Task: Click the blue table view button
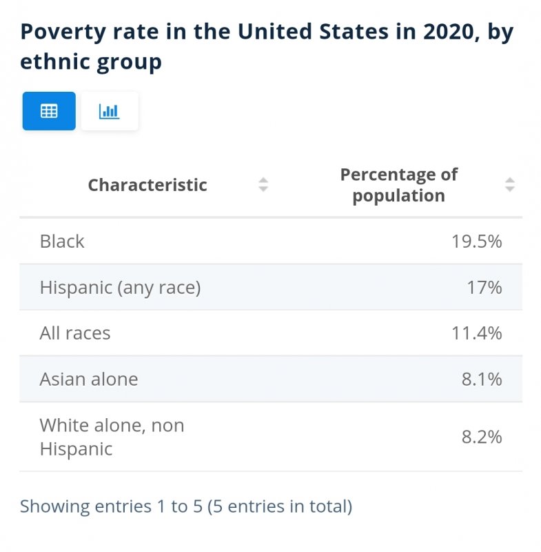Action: click(x=49, y=111)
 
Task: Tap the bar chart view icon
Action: click(x=110, y=111)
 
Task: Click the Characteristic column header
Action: click(x=147, y=185)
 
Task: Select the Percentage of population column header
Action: click(x=398, y=185)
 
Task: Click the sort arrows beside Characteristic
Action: click(x=263, y=184)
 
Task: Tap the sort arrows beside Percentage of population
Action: click(x=510, y=184)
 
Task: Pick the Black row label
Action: click(x=62, y=241)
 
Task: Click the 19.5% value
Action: click(x=476, y=241)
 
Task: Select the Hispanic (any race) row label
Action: click(x=120, y=287)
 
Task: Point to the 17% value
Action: click(x=484, y=287)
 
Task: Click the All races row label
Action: click(x=75, y=333)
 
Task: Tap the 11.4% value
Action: click(x=476, y=333)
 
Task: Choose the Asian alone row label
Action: click(x=89, y=379)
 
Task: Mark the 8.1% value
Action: click(x=482, y=379)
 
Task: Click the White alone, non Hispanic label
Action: click(x=112, y=437)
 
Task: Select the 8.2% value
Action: click(x=482, y=437)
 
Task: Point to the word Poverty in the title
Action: click(x=63, y=32)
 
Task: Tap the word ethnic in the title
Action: click(x=55, y=61)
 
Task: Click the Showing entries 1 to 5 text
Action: click(x=111, y=506)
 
